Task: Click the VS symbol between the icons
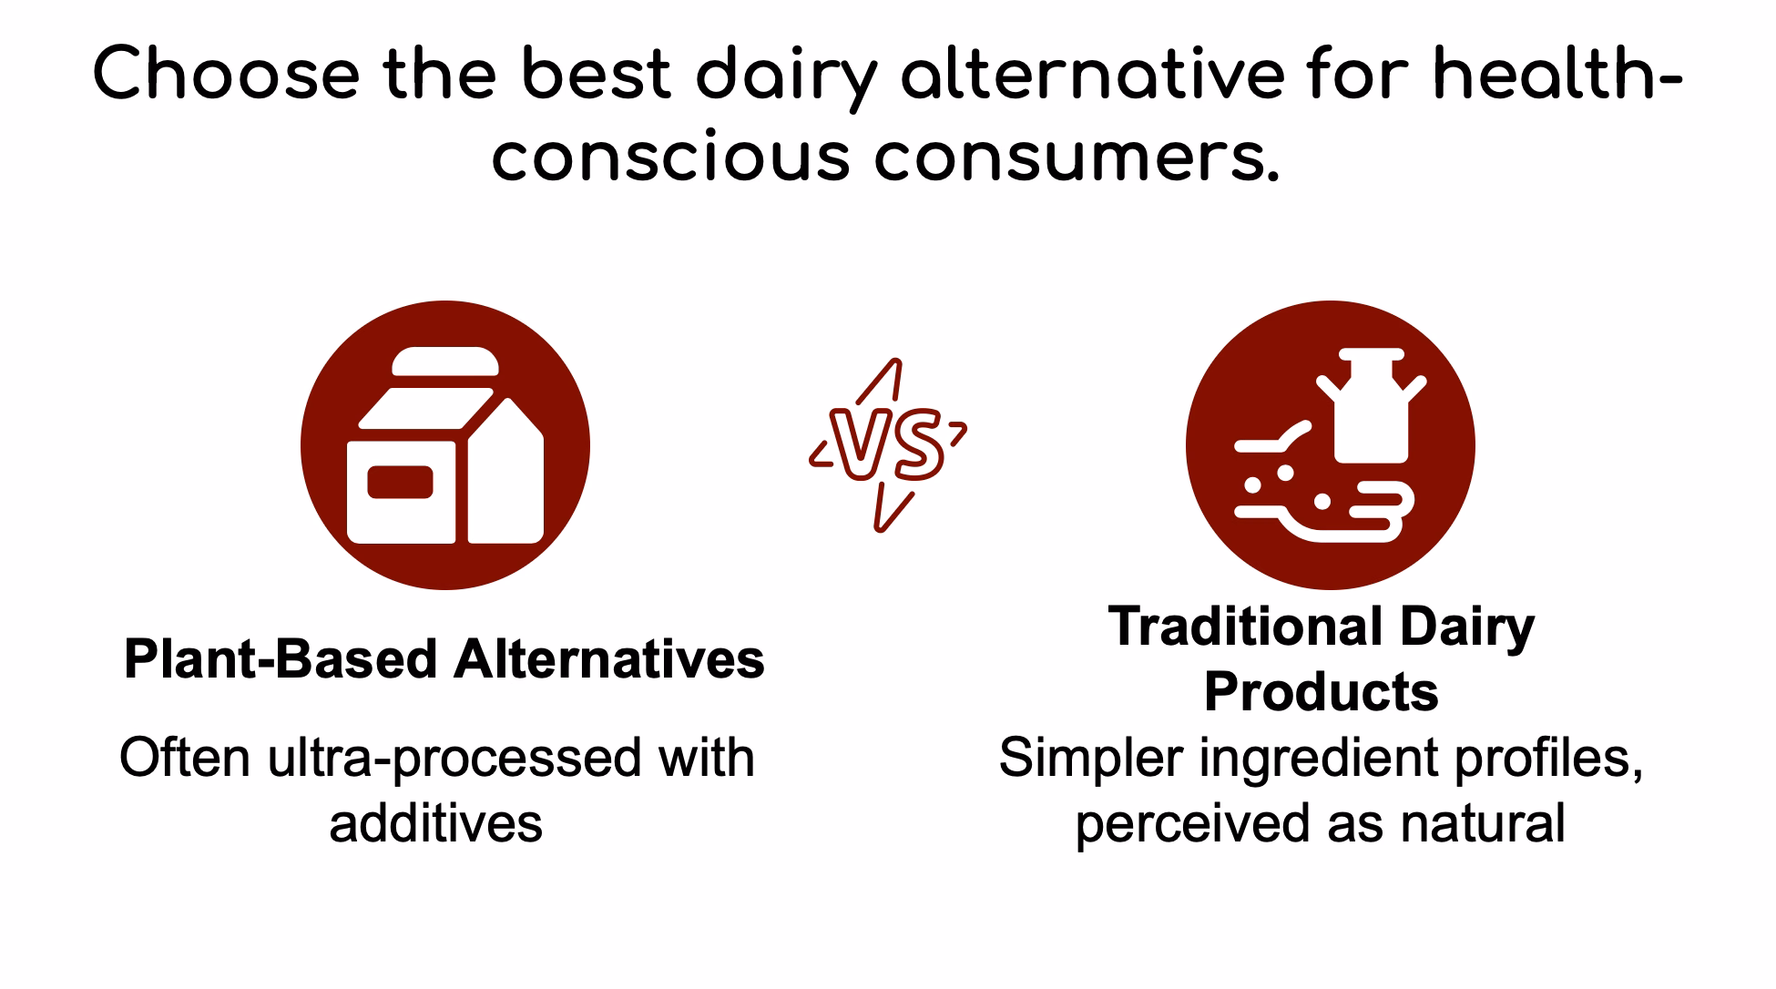887,446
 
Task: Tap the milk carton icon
445,446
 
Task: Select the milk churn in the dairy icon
1371,405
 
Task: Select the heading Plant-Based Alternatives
444,658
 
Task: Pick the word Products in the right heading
1321,691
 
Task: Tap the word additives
435,822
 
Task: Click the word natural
1483,822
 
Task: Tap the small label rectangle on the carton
400,483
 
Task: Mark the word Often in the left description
185,758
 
